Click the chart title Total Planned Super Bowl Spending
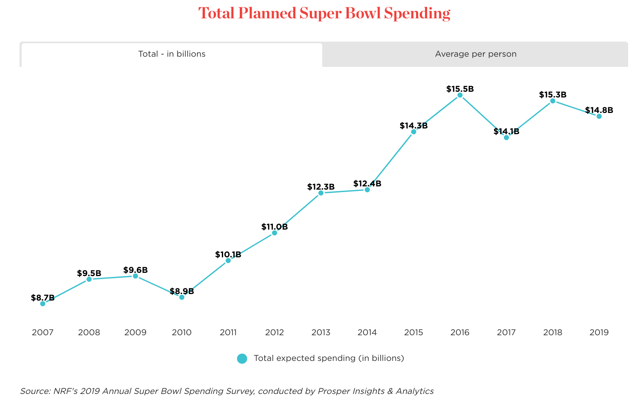pyautogui.click(x=324, y=13)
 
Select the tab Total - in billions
pyautogui.click(x=172, y=54)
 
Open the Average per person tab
pyautogui.click(x=475, y=54)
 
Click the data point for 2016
pyautogui.click(x=460, y=95)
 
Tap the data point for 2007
pyautogui.click(x=43, y=303)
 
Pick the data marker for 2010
pyautogui.click(x=182, y=297)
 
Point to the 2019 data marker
pyautogui.click(x=599, y=116)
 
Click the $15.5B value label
pyautogui.click(x=460, y=88)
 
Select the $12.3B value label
pyautogui.click(x=321, y=187)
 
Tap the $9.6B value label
pyautogui.click(x=135, y=270)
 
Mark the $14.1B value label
pyautogui.click(x=506, y=131)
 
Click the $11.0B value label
pyautogui.click(x=275, y=227)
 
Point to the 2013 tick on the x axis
pyautogui.click(x=321, y=332)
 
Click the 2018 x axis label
pyautogui.click(x=552, y=332)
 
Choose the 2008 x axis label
pyautogui.click(x=89, y=332)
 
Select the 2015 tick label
pyautogui.click(x=413, y=332)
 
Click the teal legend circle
pyautogui.click(x=242, y=358)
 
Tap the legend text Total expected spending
pyautogui.click(x=328, y=358)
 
